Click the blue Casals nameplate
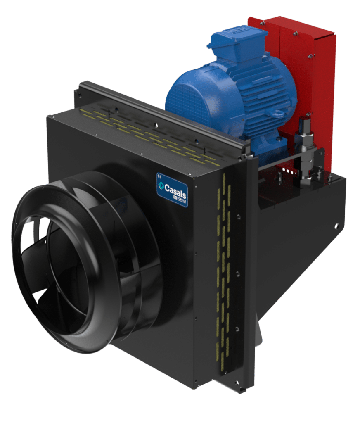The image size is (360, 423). (x=172, y=189)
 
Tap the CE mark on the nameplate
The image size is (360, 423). (x=159, y=175)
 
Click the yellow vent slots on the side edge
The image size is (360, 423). (x=223, y=269)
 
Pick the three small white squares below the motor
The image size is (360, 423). (x=288, y=171)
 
